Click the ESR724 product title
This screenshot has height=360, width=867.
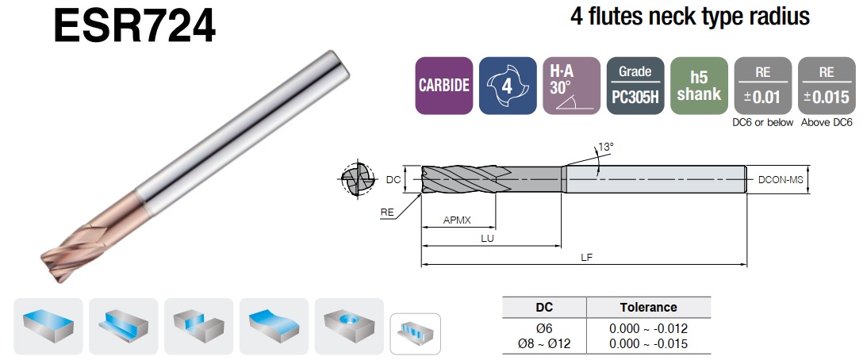(x=134, y=26)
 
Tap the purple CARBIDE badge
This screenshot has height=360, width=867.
(x=444, y=86)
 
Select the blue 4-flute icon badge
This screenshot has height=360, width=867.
(x=508, y=86)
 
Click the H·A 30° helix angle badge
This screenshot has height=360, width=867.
(x=571, y=86)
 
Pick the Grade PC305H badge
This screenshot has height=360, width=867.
(x=635, y=86)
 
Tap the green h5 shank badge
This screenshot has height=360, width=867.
(x=699, y=86)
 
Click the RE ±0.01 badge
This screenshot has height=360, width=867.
(x=762, y=86)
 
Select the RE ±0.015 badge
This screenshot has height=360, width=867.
(x=827, y=86)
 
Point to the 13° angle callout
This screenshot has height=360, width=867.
(x=606, y=147)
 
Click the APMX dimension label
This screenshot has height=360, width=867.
(x=457, y=220)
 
